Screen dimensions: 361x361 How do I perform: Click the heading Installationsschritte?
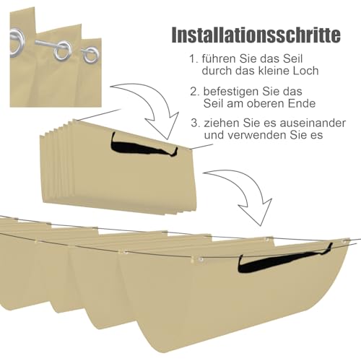(256, 35)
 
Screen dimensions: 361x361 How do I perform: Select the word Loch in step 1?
(306, 71)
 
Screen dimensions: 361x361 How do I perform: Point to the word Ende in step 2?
(303, 103)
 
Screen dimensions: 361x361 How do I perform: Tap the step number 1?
(194, 59)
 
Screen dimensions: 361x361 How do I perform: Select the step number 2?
(194, 92)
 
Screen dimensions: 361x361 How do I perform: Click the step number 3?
(196, 123)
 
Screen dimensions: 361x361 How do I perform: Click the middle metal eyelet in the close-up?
(63, 51)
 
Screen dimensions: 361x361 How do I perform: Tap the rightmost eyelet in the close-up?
(90, 55)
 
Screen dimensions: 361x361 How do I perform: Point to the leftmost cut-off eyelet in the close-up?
(17, 43)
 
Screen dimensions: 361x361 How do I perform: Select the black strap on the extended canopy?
(284, 260)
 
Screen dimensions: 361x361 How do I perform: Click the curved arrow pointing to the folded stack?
(154, 101)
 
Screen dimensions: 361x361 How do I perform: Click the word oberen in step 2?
(266, 103)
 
